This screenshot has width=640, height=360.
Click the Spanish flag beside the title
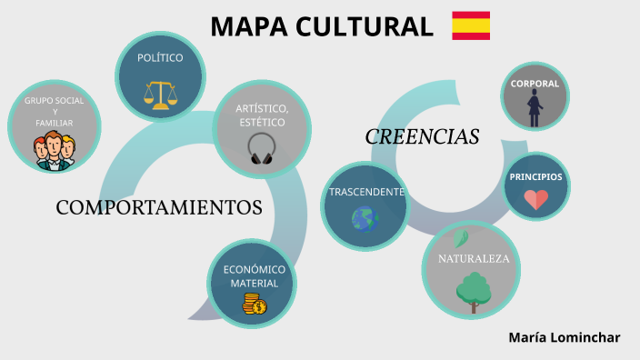(471, 25)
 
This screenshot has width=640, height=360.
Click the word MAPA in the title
(249, 27)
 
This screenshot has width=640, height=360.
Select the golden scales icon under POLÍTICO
(160, 94)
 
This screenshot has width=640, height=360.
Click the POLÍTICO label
(160, 58)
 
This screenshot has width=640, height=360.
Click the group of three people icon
(55, 150)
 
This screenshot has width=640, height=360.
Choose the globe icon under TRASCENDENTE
(365, 218)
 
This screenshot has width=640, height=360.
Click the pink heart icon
(535, 199)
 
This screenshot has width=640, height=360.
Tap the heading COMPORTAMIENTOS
(159, 207)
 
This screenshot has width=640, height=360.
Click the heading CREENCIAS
(422, 137)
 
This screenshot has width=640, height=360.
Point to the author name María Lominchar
(565, 337)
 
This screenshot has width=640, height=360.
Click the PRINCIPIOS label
(535, 176)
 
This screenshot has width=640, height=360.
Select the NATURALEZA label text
(473, 259)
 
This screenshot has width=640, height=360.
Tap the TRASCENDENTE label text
(366, 193)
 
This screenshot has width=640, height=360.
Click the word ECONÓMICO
(255, 269)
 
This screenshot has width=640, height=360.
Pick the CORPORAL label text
(535, 84)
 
